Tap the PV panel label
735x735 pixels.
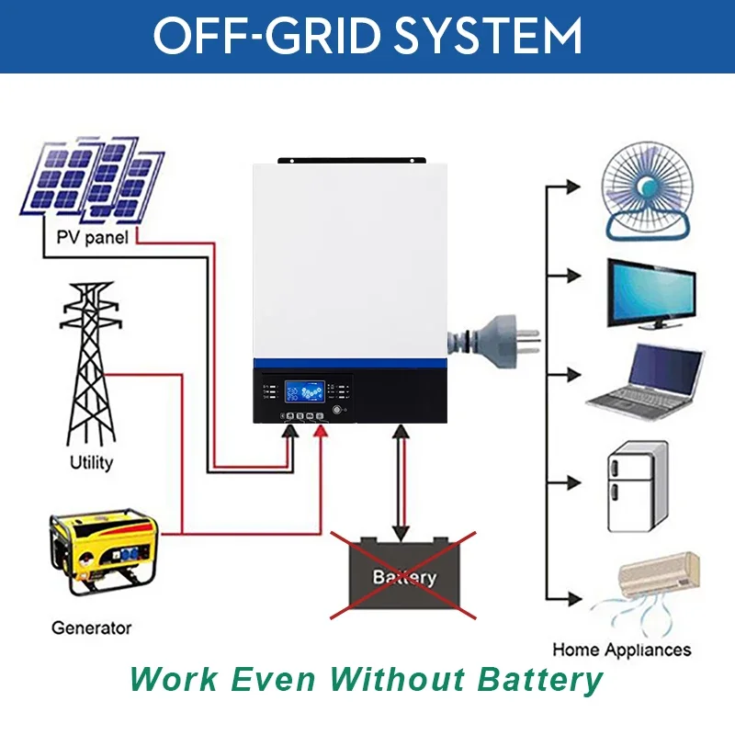coord(90,237)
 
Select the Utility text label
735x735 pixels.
coord(91,462)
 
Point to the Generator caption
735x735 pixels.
coord(91,628)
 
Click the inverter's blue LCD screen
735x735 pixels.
coord(302,391)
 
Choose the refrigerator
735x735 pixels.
coord(636,488)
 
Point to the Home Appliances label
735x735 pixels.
coord(621,650)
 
